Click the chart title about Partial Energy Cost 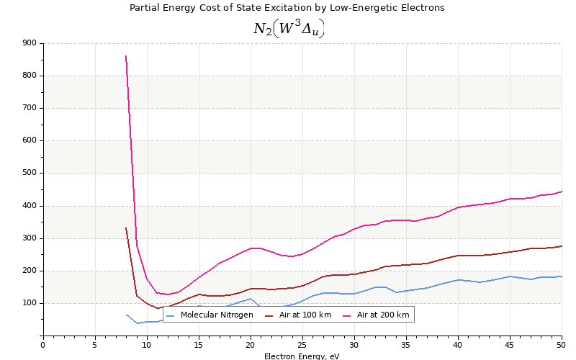[x=287, y=8]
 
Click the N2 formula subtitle [x=288, y=28]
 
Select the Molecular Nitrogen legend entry [x=210, y=315]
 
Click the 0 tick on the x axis [x=42, y=345]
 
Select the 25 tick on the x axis [x=302, y=345]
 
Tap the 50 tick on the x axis [x=562, y=345]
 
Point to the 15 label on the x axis [x=199, y=345]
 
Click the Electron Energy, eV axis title [x=302, y=356]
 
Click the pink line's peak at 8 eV [x=126, y=56]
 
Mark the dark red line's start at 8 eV [x=126, y=228]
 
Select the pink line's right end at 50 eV [x=562, y=192]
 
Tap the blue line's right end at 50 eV [x=562, y=276]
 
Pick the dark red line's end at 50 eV [x=562, y=246]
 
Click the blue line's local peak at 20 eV [x=251, y=299]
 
